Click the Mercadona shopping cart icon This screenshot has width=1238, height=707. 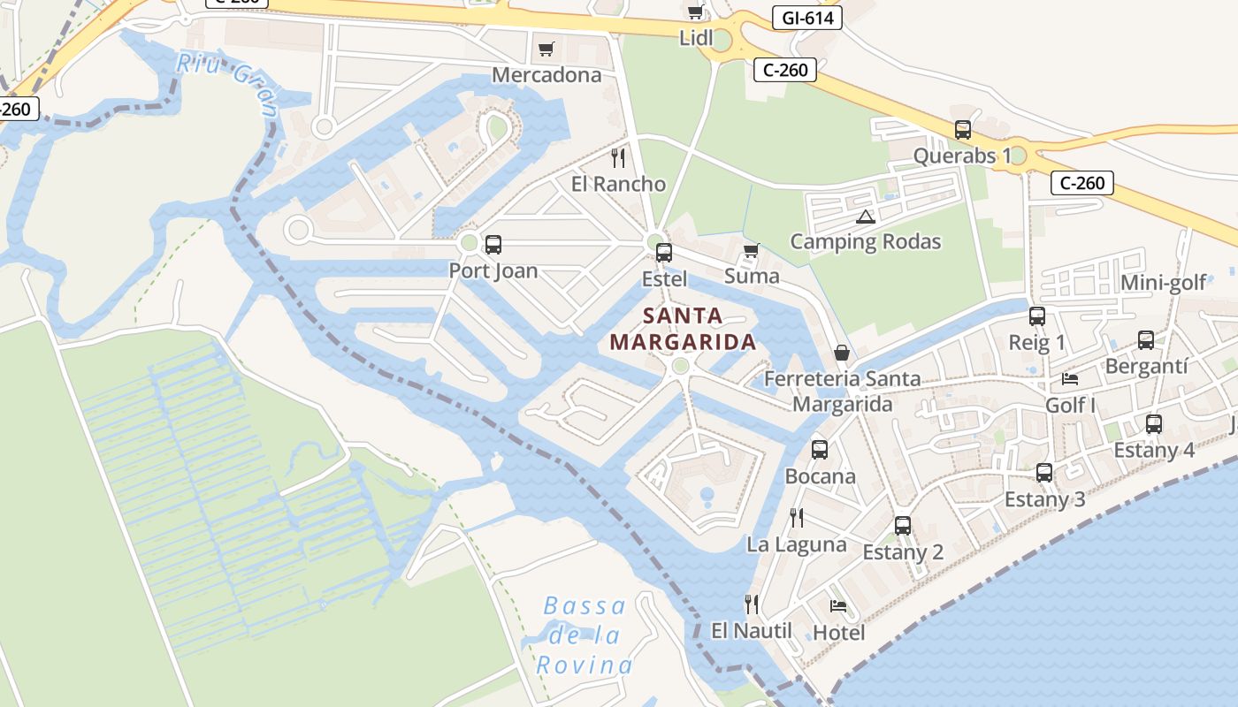click(546, 49)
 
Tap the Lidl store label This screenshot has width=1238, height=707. click(696, 38)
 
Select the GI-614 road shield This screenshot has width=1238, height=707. click(806, 18)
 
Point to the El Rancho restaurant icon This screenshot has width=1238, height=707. click(618, 158)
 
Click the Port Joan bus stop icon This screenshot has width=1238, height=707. click(493, 245)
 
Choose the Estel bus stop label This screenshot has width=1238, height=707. click(663, 278)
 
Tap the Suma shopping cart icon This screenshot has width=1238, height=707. click(752, 251)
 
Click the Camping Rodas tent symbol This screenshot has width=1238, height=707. click(865, 217)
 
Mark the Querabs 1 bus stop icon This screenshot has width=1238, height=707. click(963, 130)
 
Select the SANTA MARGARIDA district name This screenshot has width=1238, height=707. click(683, 329)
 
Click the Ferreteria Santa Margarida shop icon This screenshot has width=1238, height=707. click(841, 353)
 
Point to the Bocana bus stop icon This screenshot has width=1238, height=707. click(820, 450)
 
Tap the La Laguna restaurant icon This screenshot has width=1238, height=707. click(797, 518)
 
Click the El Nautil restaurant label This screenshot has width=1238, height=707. click(752, 631)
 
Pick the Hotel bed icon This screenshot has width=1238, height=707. click(838, 606)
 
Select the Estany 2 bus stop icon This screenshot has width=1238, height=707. click(903, 526)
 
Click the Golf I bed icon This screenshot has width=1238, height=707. click(1070, 379)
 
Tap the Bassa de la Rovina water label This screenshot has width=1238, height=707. click(585, 635)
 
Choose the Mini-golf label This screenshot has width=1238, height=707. click(1163, 283)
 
